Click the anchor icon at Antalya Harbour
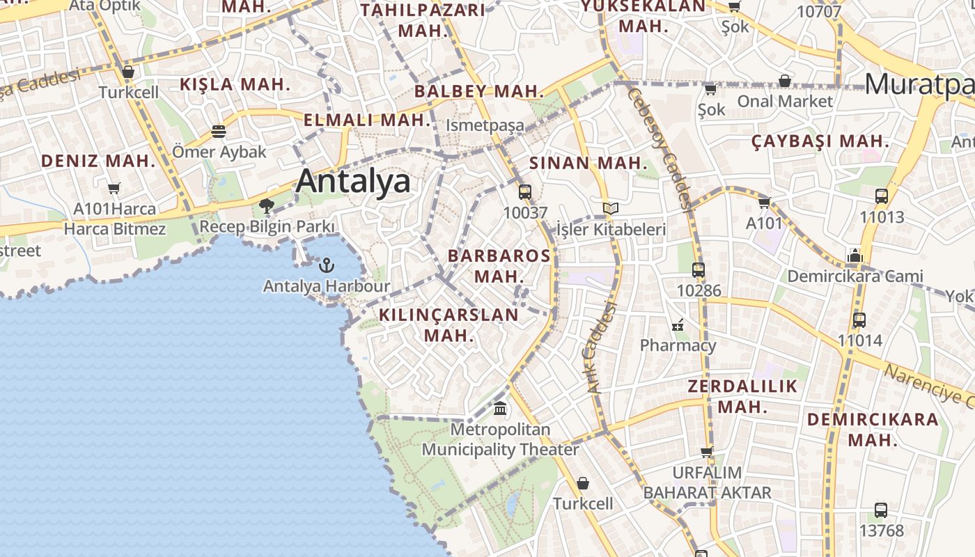pos(326,265)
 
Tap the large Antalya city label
pos(353,182)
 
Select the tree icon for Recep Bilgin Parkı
pos(266,205)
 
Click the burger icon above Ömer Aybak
pos(219,131)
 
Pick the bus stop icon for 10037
pos(525,192)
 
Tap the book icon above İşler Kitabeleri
pos(611,208)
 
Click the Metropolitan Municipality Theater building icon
pos(500,408)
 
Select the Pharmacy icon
pos(678,324)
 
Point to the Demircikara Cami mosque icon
pos(855,256)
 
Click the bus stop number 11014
pos(860,340)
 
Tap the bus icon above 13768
pos(881,510)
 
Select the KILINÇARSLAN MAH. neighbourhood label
pos(448,324)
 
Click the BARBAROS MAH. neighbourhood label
pos(499,265)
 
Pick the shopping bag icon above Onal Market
pos(785,81)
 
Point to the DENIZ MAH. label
pos(97,161)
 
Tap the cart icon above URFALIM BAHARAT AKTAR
pos(707,452)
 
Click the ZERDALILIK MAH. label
pos(742,396)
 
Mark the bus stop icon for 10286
pos(699,270)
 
